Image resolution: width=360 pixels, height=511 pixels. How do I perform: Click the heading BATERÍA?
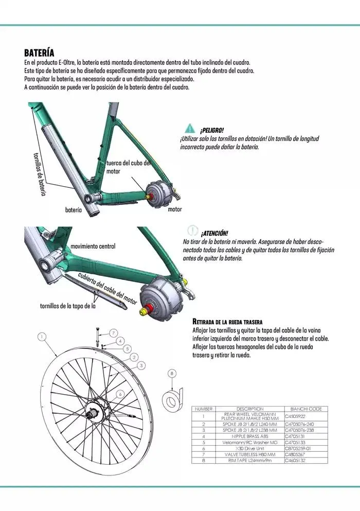point(39,53)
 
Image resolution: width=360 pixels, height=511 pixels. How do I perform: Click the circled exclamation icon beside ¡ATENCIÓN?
point(192,231)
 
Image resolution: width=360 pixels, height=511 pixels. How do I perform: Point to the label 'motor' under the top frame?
point(175,209)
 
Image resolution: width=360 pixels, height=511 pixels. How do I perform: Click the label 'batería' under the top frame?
point(74,210)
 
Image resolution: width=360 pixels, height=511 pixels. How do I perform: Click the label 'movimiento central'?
point(93,246)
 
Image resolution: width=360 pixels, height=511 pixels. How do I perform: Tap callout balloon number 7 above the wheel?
point(113,332)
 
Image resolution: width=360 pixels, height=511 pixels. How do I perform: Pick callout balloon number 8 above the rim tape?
point(172,373)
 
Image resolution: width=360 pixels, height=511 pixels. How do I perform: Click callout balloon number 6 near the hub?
point(120,393)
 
